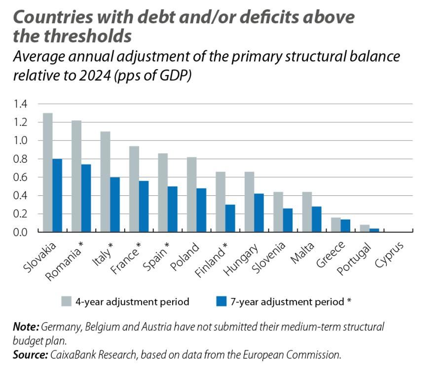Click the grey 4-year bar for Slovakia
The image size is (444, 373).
[x=48, y=172]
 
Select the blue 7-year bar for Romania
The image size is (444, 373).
[x=86, y=198]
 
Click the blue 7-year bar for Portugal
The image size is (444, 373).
[x=374, y=230]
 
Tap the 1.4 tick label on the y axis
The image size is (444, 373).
[x=20, y=104]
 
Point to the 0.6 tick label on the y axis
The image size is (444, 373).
[x=20, y=177]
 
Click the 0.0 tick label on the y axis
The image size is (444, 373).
[x=20, y=232]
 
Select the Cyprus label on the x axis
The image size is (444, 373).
[x=389, y=254]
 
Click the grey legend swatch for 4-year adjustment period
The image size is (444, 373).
[x=67, y=301]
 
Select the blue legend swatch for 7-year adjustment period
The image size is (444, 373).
[x=222, y=301]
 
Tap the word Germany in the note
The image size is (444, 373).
[x=60, y=327]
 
